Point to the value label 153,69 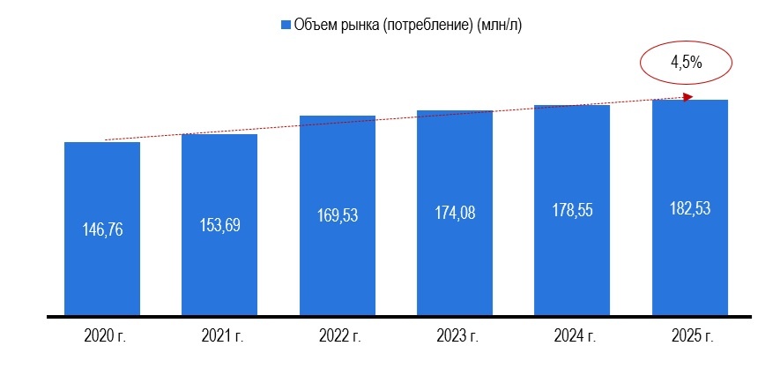click(219, 224)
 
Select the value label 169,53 click(338, 215)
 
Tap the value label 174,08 click(455, 213)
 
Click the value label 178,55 click(572, 211)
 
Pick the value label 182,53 click(690, 209)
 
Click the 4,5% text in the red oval click(686, 63)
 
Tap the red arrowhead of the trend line click(689, 96)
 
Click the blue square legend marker click(285, 26)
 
